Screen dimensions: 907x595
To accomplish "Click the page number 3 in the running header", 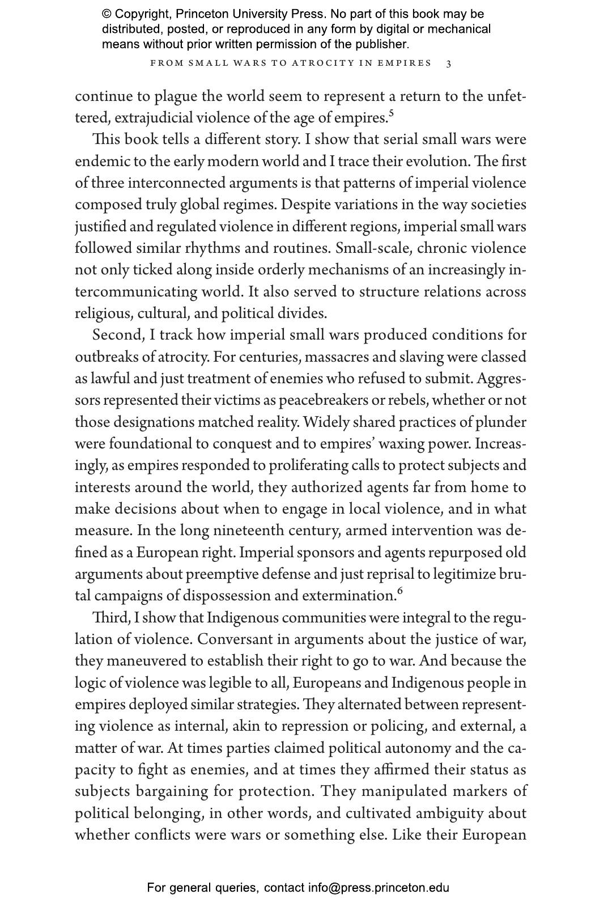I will (x=449, y=63).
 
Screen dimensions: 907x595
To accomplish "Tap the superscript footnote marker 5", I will (x=391, y=113).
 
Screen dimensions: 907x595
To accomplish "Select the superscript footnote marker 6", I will (x=400, y=591).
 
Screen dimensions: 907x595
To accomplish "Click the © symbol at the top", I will (x=107, y=14).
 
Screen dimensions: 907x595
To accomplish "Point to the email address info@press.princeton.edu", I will (x=379, y=888).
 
